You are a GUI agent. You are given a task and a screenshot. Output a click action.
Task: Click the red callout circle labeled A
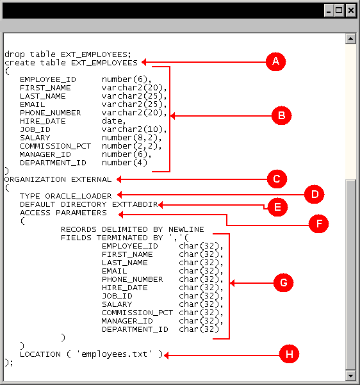click(275, 61)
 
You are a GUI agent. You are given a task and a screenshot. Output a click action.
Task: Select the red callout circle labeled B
click(281, 116)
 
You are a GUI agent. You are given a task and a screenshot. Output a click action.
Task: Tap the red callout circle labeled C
click(276, 179)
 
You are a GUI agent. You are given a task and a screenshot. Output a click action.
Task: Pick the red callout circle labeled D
click(314, 194)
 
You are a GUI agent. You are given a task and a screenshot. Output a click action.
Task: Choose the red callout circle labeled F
click(318, 224)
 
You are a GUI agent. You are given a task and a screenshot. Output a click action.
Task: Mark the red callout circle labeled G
click(282, 283)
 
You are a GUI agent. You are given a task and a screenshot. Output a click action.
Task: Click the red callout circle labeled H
click(289, 353)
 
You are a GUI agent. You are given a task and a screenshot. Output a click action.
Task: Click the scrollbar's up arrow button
click(350, 39)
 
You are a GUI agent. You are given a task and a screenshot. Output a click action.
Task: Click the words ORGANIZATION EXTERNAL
click(58, 179)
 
